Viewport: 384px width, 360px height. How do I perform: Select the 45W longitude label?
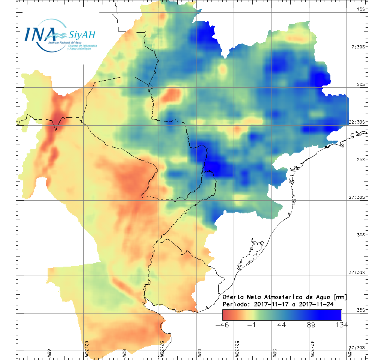(350, 352)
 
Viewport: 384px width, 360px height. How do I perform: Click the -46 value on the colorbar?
(223, 325)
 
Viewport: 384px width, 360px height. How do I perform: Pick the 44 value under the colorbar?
(282, 325)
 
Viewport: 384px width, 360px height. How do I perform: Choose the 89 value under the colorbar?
(311, 325)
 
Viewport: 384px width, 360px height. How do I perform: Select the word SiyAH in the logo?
(82, 35)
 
